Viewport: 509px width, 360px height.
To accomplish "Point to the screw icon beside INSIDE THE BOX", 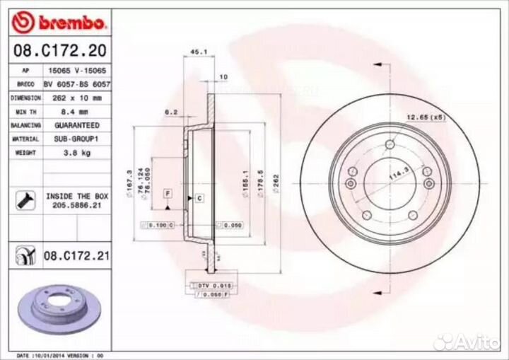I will [21, 200].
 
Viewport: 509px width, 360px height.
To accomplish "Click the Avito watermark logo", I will [466, 342].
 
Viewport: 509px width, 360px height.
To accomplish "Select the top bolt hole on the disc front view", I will [389, 146].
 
